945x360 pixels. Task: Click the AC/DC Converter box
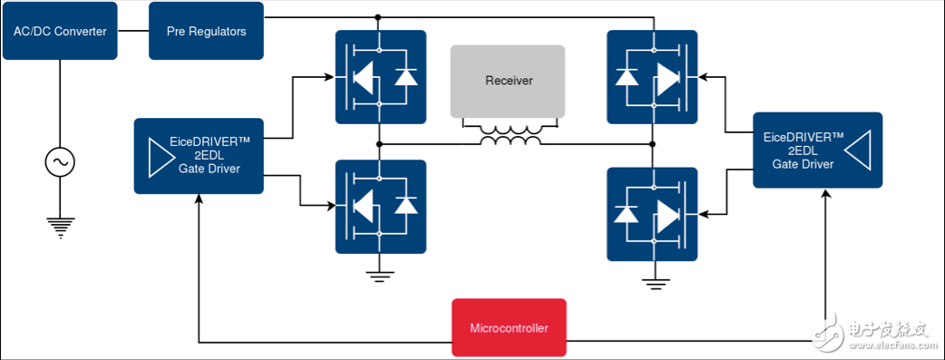tap(60, 31)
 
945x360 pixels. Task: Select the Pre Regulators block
tap(206, 31)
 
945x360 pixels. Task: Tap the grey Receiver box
tap(507, 81)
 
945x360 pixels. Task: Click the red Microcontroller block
tap(509, 327)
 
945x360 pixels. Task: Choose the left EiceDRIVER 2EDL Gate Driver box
tap(199, 155)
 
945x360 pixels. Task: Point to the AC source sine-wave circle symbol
tap(60, 162)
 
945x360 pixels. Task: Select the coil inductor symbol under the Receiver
tap(511, 137)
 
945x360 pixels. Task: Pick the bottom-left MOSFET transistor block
tap(380, 206)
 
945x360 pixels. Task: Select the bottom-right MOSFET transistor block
tap(652, 213)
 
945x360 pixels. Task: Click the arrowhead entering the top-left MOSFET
tap(329, 77)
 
